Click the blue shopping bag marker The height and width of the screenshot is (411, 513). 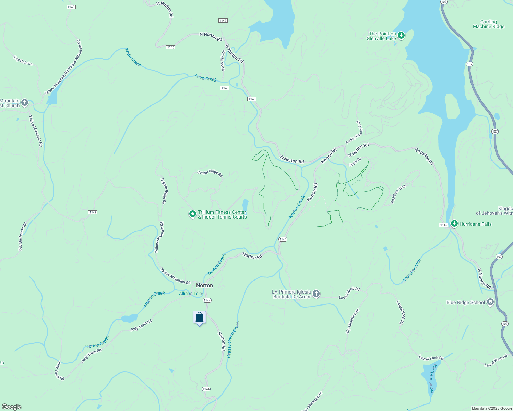[x=199, y=317]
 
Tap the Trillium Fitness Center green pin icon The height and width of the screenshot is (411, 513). [x=193, y=214]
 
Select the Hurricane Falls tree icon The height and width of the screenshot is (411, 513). [x=454, y=224]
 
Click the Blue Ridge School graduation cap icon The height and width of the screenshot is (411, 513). [x=490, y=302]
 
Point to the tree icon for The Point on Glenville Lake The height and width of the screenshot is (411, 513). [x=401, y=36]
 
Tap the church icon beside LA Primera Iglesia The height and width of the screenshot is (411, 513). [x=316, y=294]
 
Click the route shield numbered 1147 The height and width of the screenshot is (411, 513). [x=223, y=21]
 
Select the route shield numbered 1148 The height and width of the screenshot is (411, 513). [x=225, y=88]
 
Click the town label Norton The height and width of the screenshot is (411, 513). [x=204, y=285]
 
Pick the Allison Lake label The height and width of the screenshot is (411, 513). [x=191, y=294]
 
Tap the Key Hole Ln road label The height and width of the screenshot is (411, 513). [x=23, y=61]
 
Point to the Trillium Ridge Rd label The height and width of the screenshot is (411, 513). [x=164, y=191]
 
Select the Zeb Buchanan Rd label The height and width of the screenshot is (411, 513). [x=23, y=237]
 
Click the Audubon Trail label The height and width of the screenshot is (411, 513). [x=398, y=195]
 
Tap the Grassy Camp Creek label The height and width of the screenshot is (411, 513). [x=233, y=339]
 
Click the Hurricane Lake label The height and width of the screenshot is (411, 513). [x=432, y=378]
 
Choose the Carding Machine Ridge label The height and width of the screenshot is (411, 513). [x=488, y=24]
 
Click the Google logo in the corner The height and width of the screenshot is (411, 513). [x=12, y=407]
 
